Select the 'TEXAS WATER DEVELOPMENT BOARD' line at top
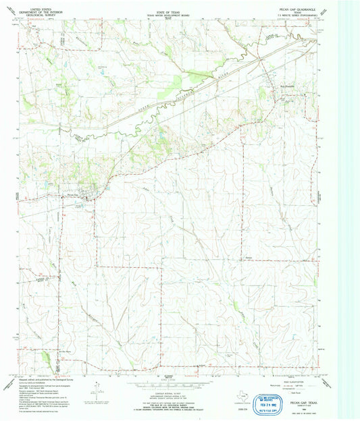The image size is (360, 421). tap(179, 10)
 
